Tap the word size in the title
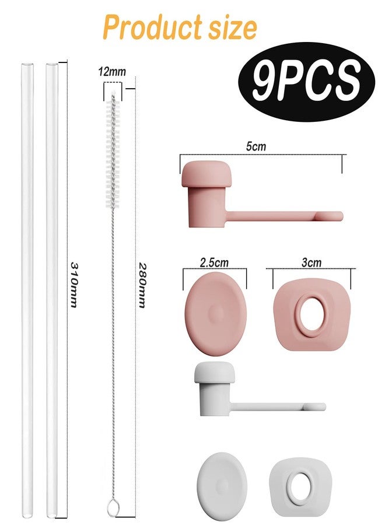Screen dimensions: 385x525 click(x=232, y=27)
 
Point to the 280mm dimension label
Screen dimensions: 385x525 click(x=142, y=285)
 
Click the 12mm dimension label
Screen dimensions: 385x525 click(x=112, y=72)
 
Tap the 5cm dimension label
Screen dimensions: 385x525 click(x=256, y=146)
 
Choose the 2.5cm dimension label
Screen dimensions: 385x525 click(x=214, y=262)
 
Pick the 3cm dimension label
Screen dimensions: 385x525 click(x=311, y=262)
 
